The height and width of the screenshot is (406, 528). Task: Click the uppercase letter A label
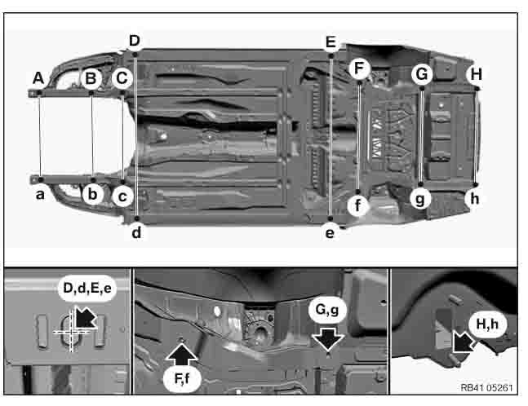[x=38, y=78]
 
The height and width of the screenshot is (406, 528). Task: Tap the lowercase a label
[x=40, y=194]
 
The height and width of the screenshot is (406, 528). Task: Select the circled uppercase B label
[x=91, y=78]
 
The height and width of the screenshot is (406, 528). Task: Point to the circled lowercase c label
[x=122, y=196]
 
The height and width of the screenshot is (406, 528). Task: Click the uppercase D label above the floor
[x=135, y=41]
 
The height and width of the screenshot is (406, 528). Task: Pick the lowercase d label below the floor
[x=136, y=232]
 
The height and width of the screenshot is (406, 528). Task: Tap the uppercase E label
[x=331, y=42]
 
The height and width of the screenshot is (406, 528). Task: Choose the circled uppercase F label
[x=359, y=68]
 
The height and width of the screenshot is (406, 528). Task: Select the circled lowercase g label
[x=420, y=199]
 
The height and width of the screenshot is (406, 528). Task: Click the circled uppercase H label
[x=476, y=74]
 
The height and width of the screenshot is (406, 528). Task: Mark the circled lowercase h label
[x=474, y=199]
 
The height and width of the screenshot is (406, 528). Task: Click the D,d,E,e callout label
[x=87, y=289]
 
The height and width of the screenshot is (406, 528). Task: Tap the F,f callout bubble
[x=182, y=379]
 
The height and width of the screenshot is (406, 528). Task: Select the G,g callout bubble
[x=326, y=310]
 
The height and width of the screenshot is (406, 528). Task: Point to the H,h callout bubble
[x=487, y=324]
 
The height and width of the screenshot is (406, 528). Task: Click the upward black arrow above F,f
[x=181, y=353]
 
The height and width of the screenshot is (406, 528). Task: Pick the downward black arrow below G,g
[x=327, y=339]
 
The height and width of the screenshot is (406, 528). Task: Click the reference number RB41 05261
[x=486, y=388]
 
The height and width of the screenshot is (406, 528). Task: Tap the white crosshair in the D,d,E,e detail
[x=72, y=331]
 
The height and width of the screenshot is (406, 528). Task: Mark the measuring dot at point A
[x=39, y=92]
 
